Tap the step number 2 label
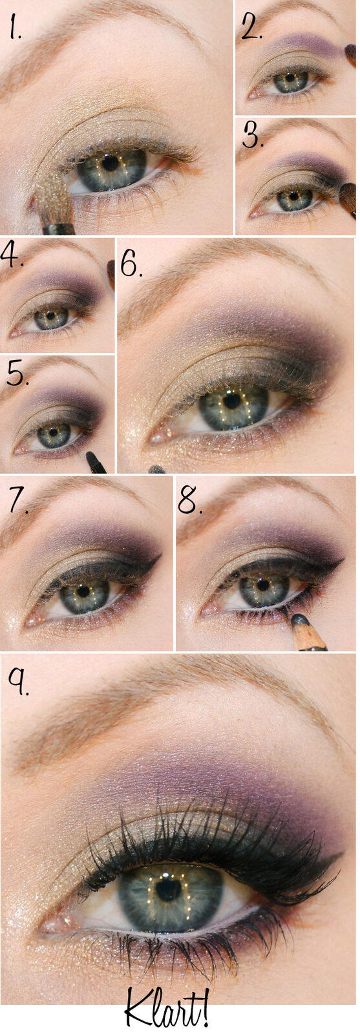coord(252,28)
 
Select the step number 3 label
coord(253,135)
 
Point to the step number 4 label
coord(12,255)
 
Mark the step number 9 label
coord(19,682)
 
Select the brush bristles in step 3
coord(347,196)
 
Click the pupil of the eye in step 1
coord(110,163)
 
